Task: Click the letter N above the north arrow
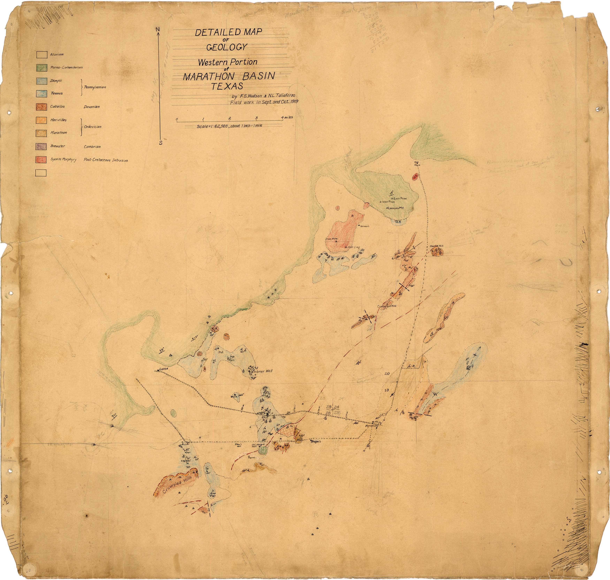point(158,29)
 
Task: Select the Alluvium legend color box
point(42,55)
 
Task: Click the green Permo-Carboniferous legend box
point(42,67)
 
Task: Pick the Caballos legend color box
point(42,107)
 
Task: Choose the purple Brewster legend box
point(42,146)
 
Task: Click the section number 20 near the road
point(387,374)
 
